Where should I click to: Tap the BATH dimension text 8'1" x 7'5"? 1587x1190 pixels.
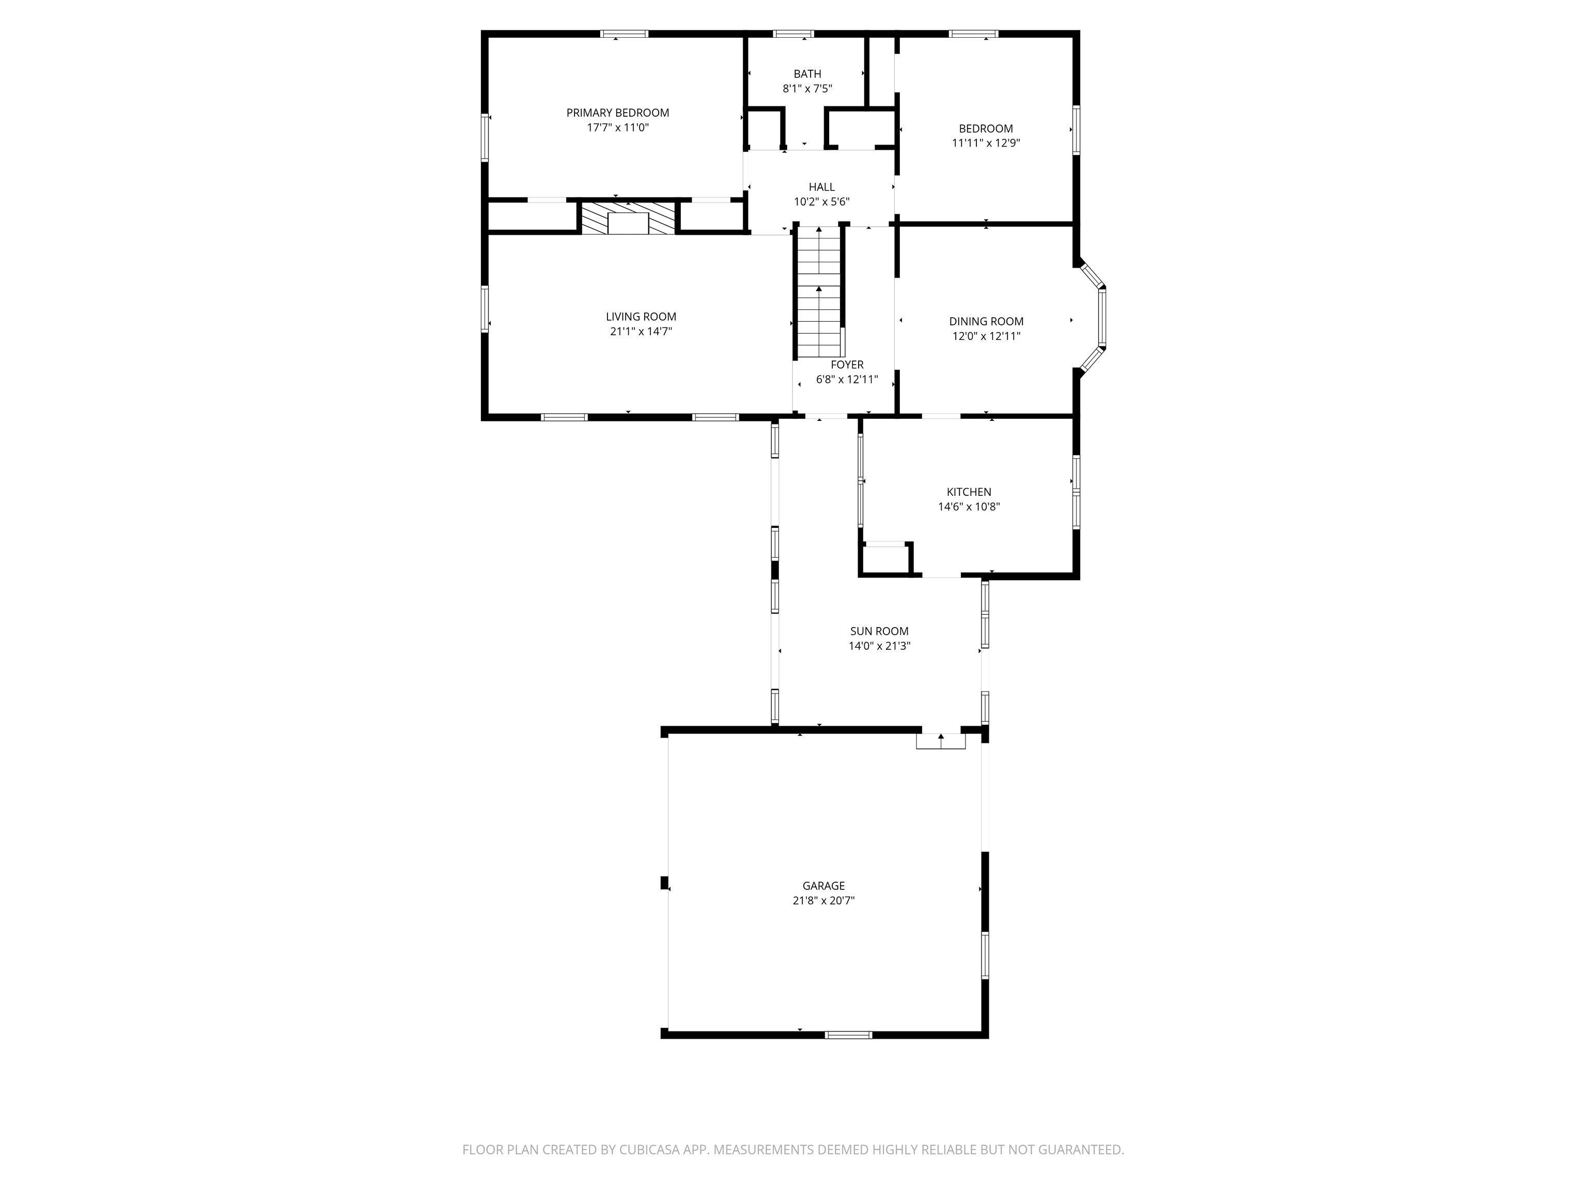click(x=807, y=89)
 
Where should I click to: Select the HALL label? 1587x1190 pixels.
click(x=821, y=187)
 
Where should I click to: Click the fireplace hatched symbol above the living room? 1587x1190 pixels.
click(x=628, y=218)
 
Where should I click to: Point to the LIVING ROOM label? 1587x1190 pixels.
click(x=641, y=316)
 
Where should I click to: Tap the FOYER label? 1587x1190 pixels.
click(x=847, y=365)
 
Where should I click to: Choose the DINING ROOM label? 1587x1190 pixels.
click(x=986, y=321)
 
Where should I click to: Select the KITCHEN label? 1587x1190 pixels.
click(x=969, y=492)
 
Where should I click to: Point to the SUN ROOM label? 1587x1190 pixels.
click(x=879, y=631)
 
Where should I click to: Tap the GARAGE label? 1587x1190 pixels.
click(x=823, y=886)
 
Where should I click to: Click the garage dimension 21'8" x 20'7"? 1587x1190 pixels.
click(x=823, y=901)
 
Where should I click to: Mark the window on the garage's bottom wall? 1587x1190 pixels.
click(x=848, y=1035)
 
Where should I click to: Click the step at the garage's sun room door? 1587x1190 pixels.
click(x=941, y=742)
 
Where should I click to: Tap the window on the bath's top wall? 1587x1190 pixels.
click(x=793, y=34)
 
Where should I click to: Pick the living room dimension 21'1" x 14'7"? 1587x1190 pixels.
click(x=641, y=332)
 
